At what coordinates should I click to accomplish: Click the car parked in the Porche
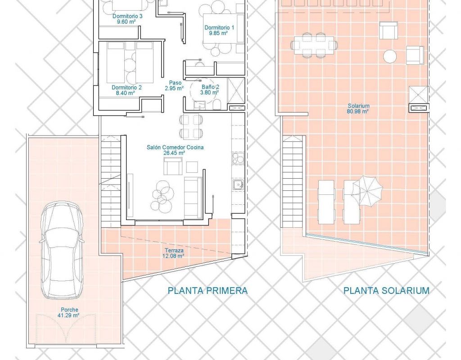point(61,250)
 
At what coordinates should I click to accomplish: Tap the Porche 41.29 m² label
point(70,312)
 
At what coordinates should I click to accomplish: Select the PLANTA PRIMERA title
point(208,291)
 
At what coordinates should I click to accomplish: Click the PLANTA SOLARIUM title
point(386,291)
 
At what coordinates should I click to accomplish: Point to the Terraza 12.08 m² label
point(174,253)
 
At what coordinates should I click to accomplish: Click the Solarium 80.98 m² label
point(358,108)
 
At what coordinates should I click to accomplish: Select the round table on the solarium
point(390,56)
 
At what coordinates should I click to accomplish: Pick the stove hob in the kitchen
point(238,158)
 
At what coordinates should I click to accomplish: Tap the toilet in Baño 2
point(217,104)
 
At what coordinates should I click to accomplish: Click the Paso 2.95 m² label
point(175,85)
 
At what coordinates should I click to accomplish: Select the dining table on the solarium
point(314,46)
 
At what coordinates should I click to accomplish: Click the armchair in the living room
point(173,166)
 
